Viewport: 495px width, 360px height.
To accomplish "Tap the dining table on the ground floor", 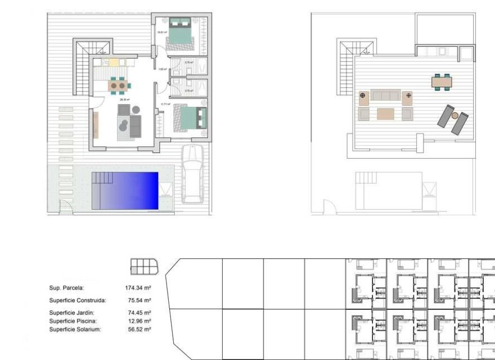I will (x=119, y=85).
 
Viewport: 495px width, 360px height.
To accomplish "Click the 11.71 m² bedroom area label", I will (x=165, y=104).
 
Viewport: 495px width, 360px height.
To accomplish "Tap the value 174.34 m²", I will (x=139, y=288).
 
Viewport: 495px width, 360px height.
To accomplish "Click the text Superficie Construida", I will (x=77, y=301).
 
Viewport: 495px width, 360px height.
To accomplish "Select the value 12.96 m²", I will (x=139, y=321).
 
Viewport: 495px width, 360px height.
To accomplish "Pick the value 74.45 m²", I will (x=139, y=313).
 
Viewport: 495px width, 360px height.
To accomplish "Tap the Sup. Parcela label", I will (x=66, y=288).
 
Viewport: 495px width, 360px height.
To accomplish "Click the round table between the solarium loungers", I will (x=454, y=116).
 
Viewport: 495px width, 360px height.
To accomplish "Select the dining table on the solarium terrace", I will (x=442, y=82).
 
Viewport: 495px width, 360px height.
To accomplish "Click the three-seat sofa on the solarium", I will (x=386, y=95).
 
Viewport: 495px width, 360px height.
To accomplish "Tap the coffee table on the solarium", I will (x=386, y=114).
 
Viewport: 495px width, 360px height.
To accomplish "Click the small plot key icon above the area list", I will (x=144, y=265).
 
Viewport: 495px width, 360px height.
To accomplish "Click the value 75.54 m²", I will (x=139, y=301).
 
